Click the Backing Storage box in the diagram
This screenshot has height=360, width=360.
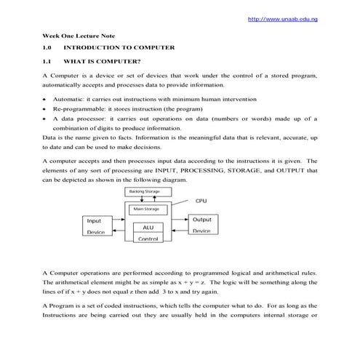[x=144, y=191]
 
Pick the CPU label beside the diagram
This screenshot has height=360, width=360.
[x=201, y=201]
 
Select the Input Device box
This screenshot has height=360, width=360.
[x=95, y=225]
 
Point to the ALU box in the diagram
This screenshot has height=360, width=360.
[x=147, y=227]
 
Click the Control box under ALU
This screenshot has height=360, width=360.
[x=148, y=238]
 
